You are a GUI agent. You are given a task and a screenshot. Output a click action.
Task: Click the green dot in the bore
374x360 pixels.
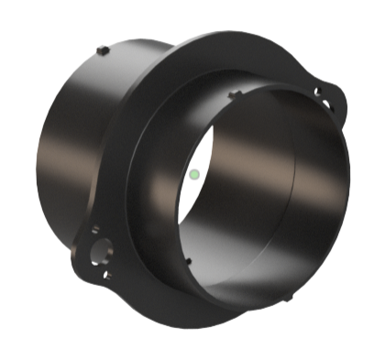click(194, 172)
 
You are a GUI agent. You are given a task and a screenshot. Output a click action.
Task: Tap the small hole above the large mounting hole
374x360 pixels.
click(94, 230)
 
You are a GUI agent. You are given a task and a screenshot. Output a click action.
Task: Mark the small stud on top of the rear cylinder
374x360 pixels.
click(104, 49)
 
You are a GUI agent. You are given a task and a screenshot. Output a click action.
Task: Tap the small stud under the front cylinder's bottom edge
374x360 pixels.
click(290, 297)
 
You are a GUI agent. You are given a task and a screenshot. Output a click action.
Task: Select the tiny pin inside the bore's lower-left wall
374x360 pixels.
click(187, 260)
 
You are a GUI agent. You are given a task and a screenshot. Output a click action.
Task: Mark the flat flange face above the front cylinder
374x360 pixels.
click(211, 64)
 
